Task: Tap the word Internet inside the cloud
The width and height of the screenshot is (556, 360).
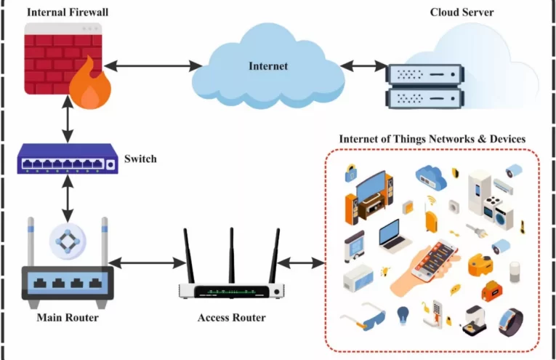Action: point(268,66)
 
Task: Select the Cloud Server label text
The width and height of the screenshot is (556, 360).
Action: point(462,12)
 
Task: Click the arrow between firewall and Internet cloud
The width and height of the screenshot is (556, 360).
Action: point(153,68)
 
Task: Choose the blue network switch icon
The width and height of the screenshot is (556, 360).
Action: point(68,159)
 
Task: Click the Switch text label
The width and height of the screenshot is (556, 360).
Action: point(140,159)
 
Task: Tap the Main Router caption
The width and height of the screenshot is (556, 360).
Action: point(68,318)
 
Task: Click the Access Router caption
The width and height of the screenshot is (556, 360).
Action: point(232,318)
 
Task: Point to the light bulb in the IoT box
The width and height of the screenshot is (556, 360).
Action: point(402,314)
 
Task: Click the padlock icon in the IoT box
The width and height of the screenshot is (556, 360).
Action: point(351,173)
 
